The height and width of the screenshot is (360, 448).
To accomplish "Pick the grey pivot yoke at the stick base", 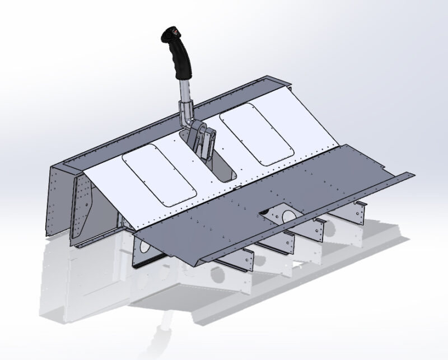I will [x=200, y=140].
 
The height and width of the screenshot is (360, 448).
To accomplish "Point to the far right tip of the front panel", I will [x=414, y=174].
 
